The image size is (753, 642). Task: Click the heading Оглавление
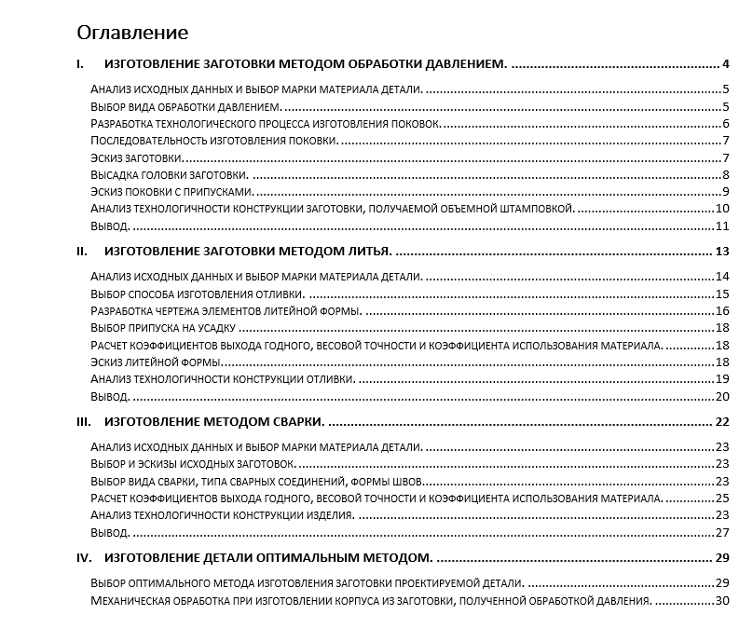(x=132, y=34)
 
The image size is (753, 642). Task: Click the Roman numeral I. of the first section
(x=81, y=65)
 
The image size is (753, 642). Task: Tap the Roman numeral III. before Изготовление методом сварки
(x=83, y=422)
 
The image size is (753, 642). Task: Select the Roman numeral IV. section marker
(x=84, y=558)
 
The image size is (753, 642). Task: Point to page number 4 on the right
(x=724, y=65)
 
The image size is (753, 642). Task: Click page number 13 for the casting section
(x=721, y=252)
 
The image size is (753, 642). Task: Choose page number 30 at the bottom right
(x=721, y=601)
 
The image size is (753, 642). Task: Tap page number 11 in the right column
(x=721, y=226)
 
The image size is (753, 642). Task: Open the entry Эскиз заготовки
(x=130, y=157)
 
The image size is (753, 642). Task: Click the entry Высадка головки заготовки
(x=169, y=175)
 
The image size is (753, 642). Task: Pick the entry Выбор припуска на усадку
(x=164, y=328)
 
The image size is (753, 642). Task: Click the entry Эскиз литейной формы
(x=157, y=362)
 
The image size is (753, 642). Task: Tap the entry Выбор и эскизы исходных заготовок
(x=194, y=464)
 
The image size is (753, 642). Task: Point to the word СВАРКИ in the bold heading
(x=294, y=422)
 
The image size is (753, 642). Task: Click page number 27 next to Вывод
(x=721, y=533)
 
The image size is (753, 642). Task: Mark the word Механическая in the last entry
(x=131, y=601)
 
